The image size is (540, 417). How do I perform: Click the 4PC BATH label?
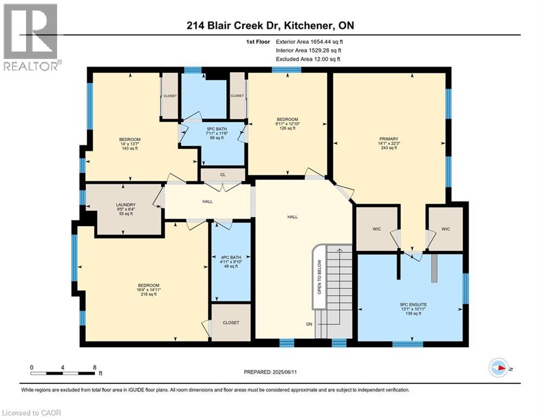(x=231, y=257)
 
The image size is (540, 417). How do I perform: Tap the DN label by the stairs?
(x=309, y=324)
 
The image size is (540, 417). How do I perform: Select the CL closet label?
(x=223, y=175)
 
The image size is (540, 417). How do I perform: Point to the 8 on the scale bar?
(x=94, y=367)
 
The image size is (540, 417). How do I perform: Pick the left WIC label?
(x=377, y=229)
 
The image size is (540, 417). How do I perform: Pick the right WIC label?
(x=446, y=229)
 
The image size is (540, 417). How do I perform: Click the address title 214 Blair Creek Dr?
(x=270, y=26)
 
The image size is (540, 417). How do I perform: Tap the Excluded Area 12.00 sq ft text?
(x=308, y=59)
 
